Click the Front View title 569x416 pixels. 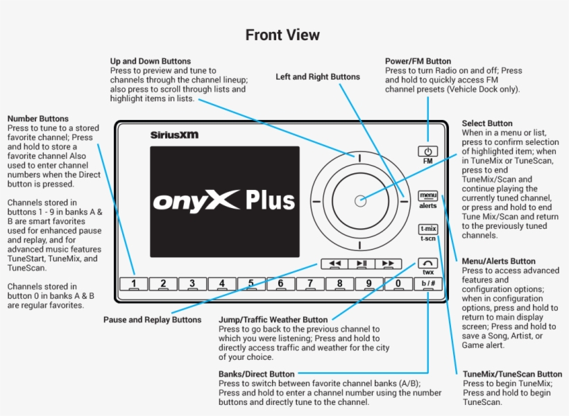[282, 35]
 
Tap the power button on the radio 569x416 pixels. [428, 151]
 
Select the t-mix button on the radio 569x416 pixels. [428, 229]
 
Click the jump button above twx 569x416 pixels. [428, 263]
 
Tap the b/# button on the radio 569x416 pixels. [428, 283]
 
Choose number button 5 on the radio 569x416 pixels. [251, 283]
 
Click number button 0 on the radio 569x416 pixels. [398, 283]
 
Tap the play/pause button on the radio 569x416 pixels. [361, 263]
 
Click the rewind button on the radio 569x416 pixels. [334, 263]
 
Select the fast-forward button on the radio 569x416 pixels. [388, 263]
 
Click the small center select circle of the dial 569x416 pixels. [360, 201]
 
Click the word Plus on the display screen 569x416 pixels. [270, 200]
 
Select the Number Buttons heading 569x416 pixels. [37, 119]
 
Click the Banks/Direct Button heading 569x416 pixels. [256, 374]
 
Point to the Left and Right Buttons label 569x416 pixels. [318, 77]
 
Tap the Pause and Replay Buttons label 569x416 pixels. [152, 320]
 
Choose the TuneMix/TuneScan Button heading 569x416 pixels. [512, 374]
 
